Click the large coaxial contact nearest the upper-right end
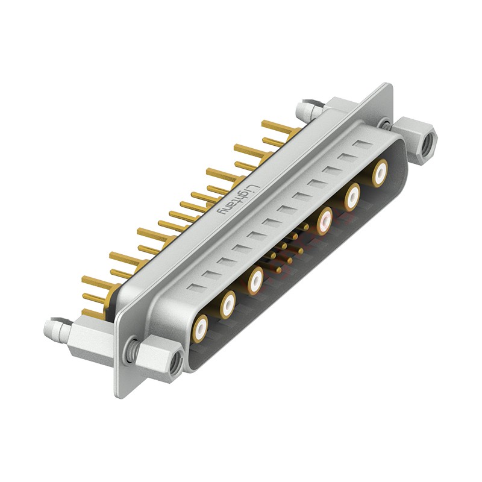point(380,173)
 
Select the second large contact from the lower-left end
point(228,304)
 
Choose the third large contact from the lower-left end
point(255,279)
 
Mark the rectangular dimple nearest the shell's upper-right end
point(363,145)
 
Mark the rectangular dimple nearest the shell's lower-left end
point(195,287)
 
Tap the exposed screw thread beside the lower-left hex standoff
point(130,348)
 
